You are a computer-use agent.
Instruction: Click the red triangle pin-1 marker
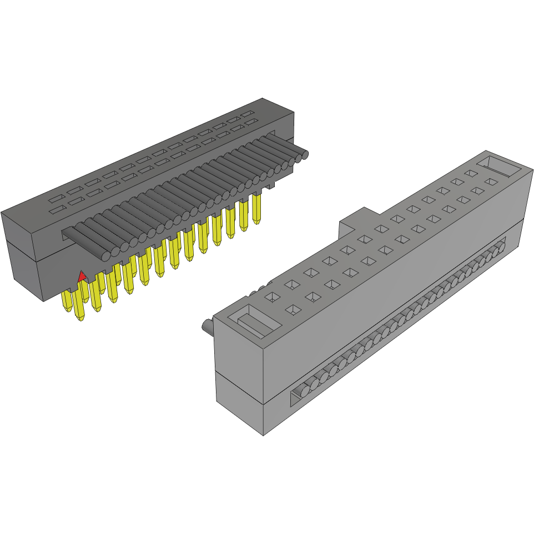point(82,276)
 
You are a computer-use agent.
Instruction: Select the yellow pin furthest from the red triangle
point(256,208)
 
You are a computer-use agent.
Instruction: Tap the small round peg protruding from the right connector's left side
point(206,326)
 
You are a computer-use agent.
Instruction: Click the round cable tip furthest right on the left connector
point(304,155)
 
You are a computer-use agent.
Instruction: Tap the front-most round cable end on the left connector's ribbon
point(105,255)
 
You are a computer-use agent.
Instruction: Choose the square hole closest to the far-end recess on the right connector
point(471,174)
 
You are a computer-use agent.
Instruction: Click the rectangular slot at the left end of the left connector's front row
point(56,210)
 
